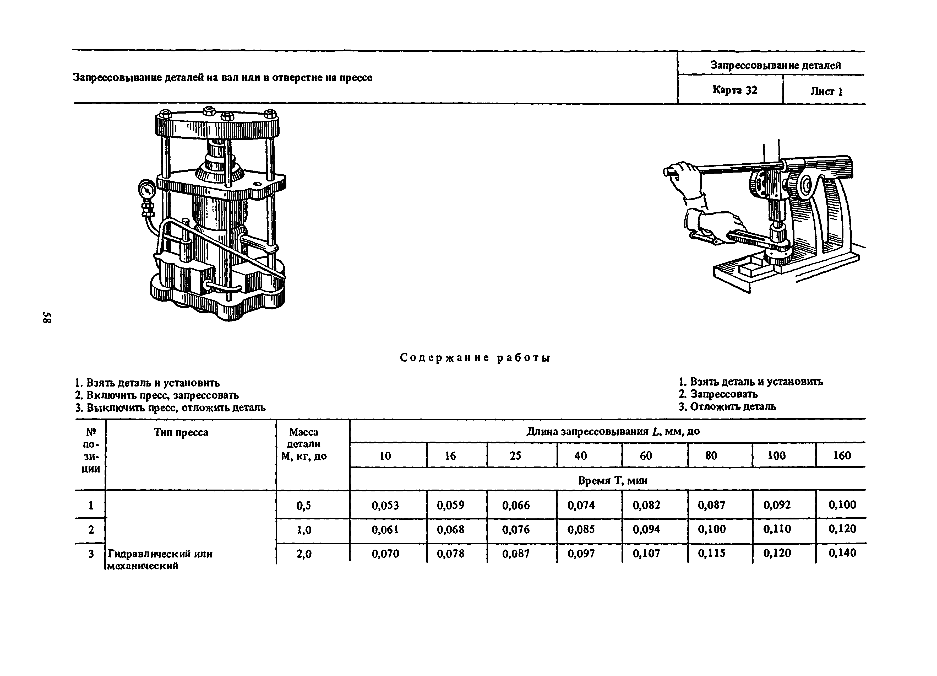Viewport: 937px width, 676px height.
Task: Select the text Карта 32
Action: tap(734, 90)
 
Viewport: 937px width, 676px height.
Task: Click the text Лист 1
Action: tap(826, 91)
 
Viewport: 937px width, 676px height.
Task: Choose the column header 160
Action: tap(842, 456)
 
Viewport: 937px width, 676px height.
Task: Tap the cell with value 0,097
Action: tap(581, 554)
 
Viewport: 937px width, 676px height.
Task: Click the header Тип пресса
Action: tap(181, 432)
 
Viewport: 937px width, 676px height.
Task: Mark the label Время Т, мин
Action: tap(613, 480)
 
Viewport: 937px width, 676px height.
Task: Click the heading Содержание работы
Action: tap(475, 358)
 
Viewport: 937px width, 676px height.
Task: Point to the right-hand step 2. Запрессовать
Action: tap(718, 394)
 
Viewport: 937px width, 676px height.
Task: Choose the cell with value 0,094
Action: tap(646, 529)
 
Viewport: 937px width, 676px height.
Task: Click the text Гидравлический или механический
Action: tap(160, 559)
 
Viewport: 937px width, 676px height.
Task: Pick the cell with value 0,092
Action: tap(777, 505)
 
